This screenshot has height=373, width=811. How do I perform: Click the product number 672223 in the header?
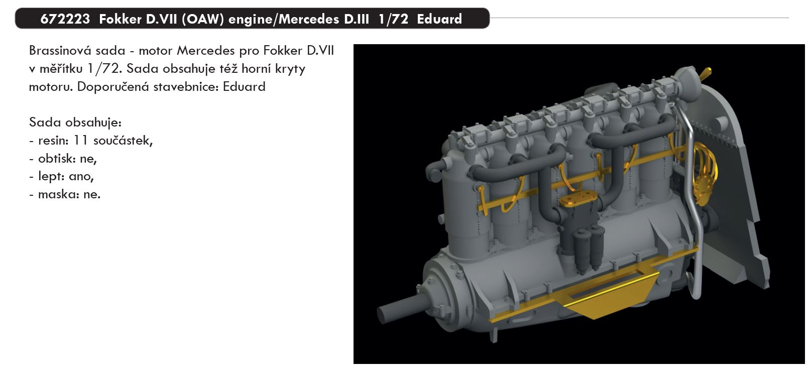tap(65, 19)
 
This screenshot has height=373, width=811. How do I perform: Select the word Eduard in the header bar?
tap(439, 19)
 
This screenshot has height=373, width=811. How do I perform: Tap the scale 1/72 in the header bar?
tap(393, 19)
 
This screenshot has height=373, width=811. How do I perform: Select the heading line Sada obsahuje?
tap(75, 122)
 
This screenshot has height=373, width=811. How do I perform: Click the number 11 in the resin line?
tap(80, 141)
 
